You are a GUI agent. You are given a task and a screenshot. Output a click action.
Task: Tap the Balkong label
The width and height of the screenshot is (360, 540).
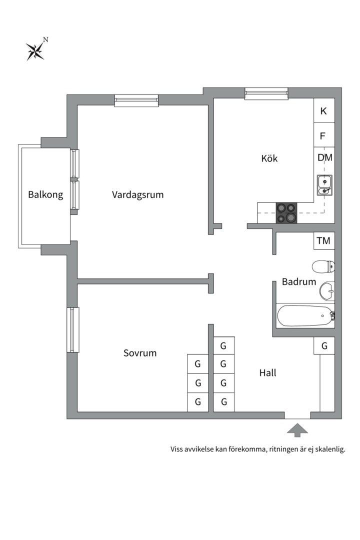pos(45,194)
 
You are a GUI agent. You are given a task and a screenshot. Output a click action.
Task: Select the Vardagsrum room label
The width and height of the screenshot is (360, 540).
pos(138,194)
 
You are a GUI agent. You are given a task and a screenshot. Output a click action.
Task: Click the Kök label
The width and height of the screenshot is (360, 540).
pos(269,158)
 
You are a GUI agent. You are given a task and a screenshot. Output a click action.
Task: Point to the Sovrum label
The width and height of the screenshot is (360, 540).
pos(140,353)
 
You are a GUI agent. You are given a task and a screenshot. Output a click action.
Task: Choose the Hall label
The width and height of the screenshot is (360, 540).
pos(267,372)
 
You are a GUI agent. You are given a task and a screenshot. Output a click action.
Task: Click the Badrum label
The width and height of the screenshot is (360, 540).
pos(298,281)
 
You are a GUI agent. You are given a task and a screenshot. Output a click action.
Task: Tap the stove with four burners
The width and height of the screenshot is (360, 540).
pos(286,213)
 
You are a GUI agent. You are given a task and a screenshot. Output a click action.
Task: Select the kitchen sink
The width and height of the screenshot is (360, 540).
pos(324,185)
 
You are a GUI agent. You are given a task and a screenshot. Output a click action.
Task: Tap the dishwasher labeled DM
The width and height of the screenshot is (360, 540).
pos(325,157)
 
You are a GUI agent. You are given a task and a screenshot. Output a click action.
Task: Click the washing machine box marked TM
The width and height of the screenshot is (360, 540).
pos(324,240)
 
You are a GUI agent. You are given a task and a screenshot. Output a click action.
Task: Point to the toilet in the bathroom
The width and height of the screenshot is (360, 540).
pos(323,266)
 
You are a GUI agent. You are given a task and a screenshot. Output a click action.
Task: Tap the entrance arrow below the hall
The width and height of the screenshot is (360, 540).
pos(297,430)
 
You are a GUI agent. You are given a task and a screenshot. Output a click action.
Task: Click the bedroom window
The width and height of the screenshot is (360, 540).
pos(72,329)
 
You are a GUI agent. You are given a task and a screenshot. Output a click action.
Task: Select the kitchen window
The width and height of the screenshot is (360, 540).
pos(266,93)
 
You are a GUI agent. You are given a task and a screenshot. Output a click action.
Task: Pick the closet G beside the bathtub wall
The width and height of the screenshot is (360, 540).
pos(324,346)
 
